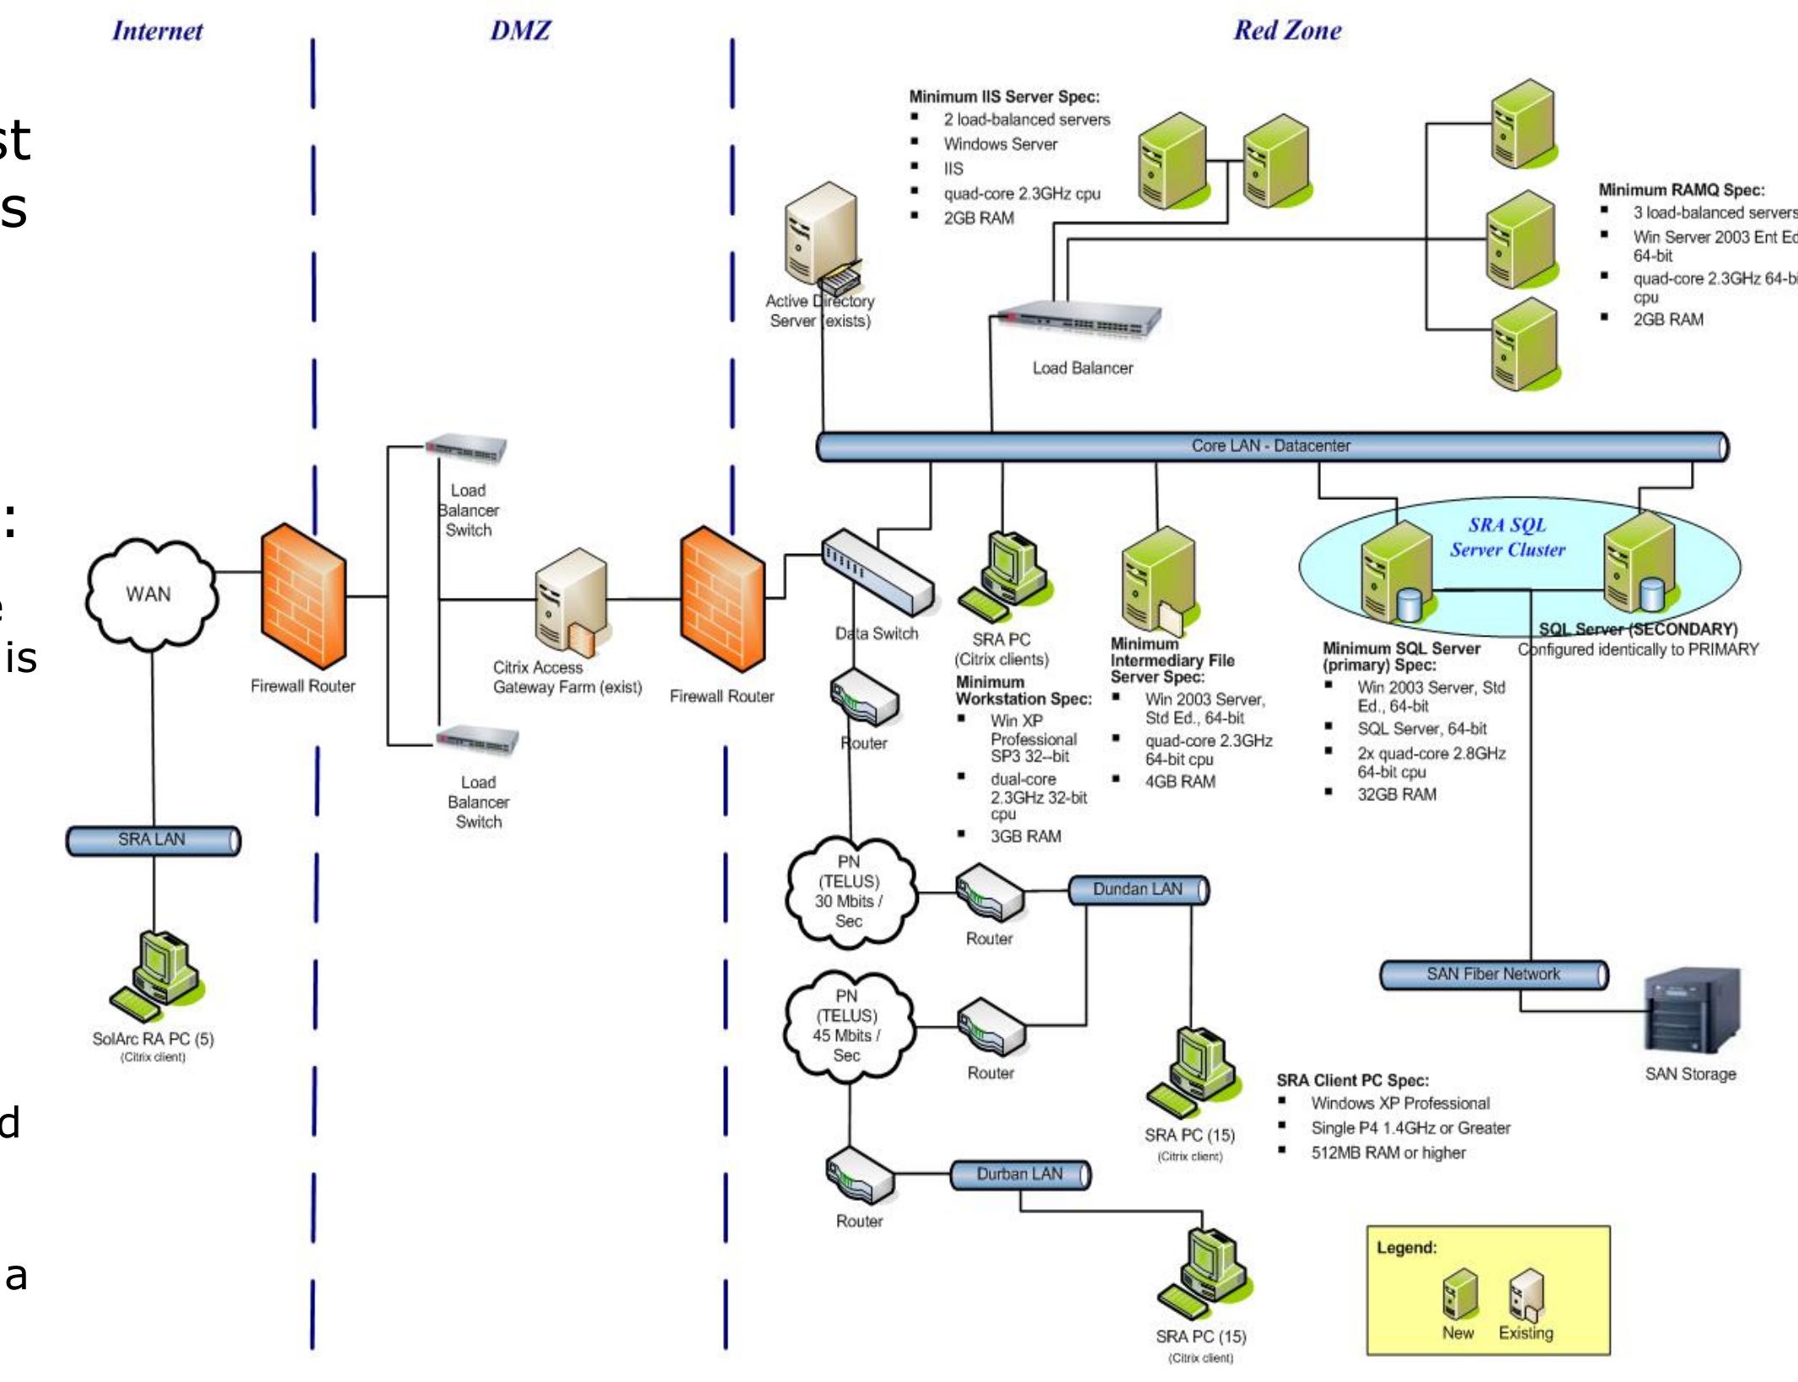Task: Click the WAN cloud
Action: (x=150, y=594)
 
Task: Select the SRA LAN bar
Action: (x=153, y=840)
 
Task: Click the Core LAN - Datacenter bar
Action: (x=1271, y=446)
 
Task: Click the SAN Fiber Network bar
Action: (x=1493, y=974)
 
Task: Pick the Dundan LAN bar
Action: (x=1138, y=890)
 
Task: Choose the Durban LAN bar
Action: (x=1020, y=1174)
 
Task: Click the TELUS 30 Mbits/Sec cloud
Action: (x=849, y=891)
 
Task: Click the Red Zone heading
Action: (x=1287, y=30)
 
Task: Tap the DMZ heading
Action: (x=520, y=30)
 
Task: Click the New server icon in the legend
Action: (x=1459, y=1294)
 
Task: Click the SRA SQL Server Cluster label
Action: (x=1507, y=537)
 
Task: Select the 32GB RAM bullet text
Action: (x=1396, y=794)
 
